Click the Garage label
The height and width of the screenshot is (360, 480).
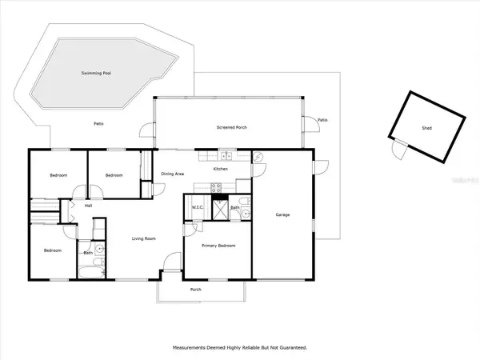(282, 214)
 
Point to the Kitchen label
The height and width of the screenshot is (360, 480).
(220, 169)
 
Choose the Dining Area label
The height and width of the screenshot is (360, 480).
(174, 174)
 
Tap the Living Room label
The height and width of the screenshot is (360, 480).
(144, 238)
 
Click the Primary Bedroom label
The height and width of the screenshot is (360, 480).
(218, 246)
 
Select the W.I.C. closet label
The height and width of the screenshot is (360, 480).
(198, 208)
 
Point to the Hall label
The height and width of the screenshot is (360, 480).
(89, 205)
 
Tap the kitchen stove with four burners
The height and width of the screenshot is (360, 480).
(216, 187)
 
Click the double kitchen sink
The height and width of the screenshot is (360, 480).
(226, 156)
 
